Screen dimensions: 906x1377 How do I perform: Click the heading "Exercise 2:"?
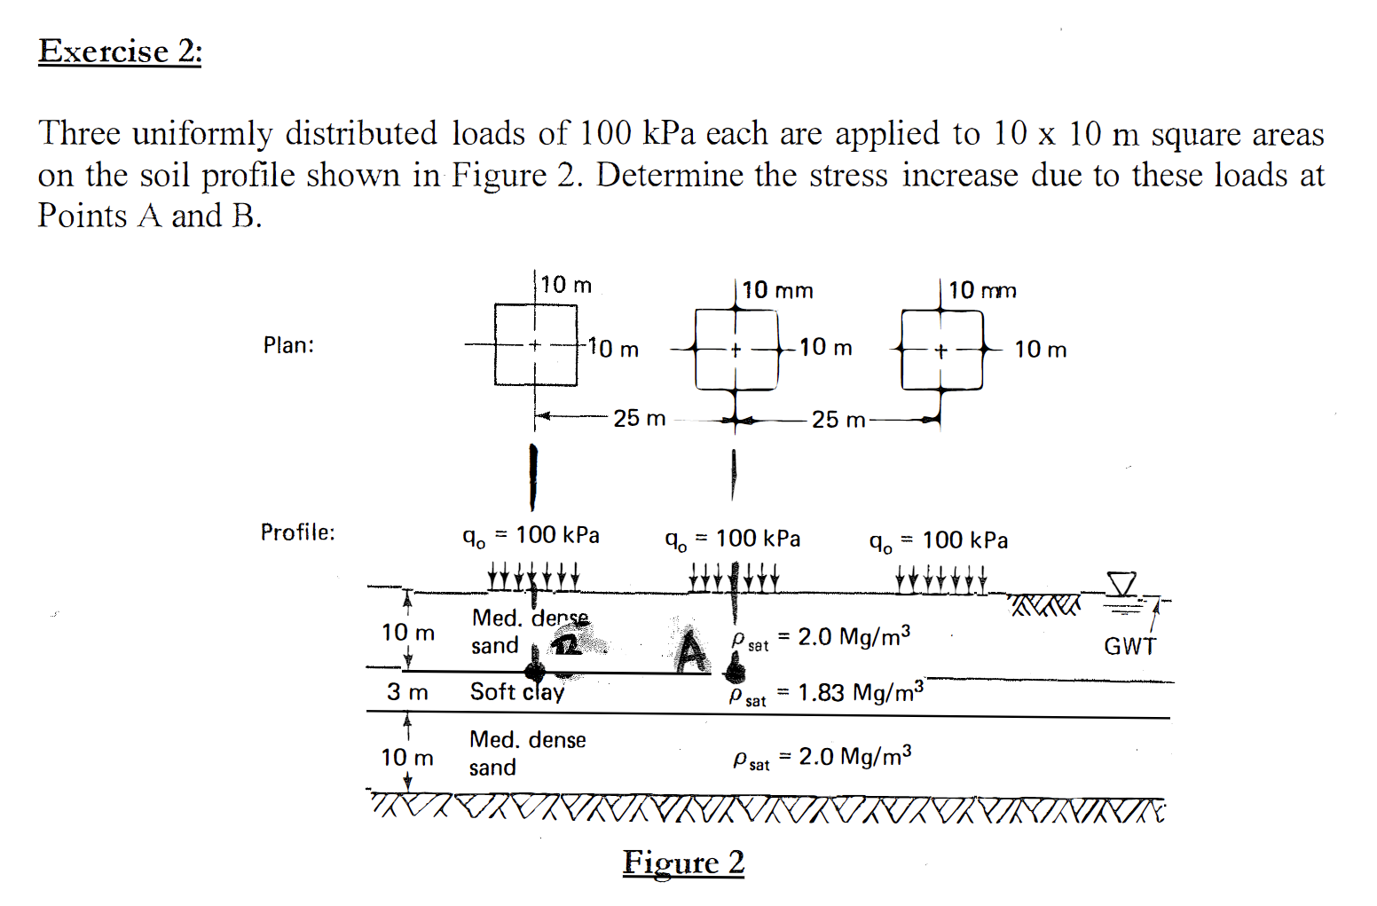[120, 51]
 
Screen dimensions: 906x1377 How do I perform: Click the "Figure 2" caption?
[683, 862]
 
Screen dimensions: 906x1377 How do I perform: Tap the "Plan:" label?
[288, 345]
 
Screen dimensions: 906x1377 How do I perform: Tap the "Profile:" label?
[297, 532]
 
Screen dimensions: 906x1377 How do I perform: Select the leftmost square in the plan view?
[536, 345]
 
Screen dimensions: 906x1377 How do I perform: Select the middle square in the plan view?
[736, 350]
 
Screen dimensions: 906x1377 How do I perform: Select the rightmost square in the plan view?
[941, 351]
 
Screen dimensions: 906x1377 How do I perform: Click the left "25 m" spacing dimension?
[639, 418]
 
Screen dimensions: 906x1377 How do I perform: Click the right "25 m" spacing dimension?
[838, 420]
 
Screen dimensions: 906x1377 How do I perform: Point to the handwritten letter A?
[691, 651]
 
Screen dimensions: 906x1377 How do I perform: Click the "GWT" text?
[1129, 646]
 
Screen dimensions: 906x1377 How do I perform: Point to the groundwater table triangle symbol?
[1121, 584]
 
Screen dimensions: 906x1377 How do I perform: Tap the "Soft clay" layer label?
[516, 692]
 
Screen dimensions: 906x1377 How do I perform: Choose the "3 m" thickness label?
[407, 692]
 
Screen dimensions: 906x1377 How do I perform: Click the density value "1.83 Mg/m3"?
[860, 692]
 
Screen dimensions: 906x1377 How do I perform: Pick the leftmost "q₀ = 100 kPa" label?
[531, 535]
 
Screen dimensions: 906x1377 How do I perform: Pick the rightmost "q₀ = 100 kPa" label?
[938, 540]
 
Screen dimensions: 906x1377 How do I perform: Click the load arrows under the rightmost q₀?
[940, 581]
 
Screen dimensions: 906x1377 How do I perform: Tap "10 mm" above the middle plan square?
[777, 290]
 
